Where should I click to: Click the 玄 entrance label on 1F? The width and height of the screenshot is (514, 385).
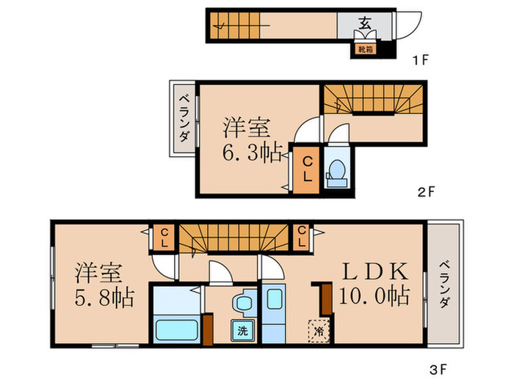coord(364,22)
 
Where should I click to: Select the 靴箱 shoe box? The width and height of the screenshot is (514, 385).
coord(364,49)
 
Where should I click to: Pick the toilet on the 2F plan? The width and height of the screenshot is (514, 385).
coord(338,171)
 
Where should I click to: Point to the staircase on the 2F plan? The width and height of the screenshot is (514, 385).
coord(374,100)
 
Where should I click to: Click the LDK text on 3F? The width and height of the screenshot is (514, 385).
coord(374,271)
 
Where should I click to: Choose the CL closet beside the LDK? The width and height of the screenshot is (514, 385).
coord(302,237)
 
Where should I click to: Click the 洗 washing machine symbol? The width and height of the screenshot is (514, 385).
coord(242,331)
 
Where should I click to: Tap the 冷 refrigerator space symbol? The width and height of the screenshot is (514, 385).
coord(318,331)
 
